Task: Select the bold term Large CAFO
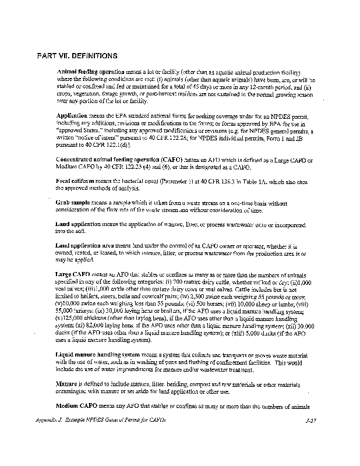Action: coord(73,273)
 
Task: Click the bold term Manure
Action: coord(67,385)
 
